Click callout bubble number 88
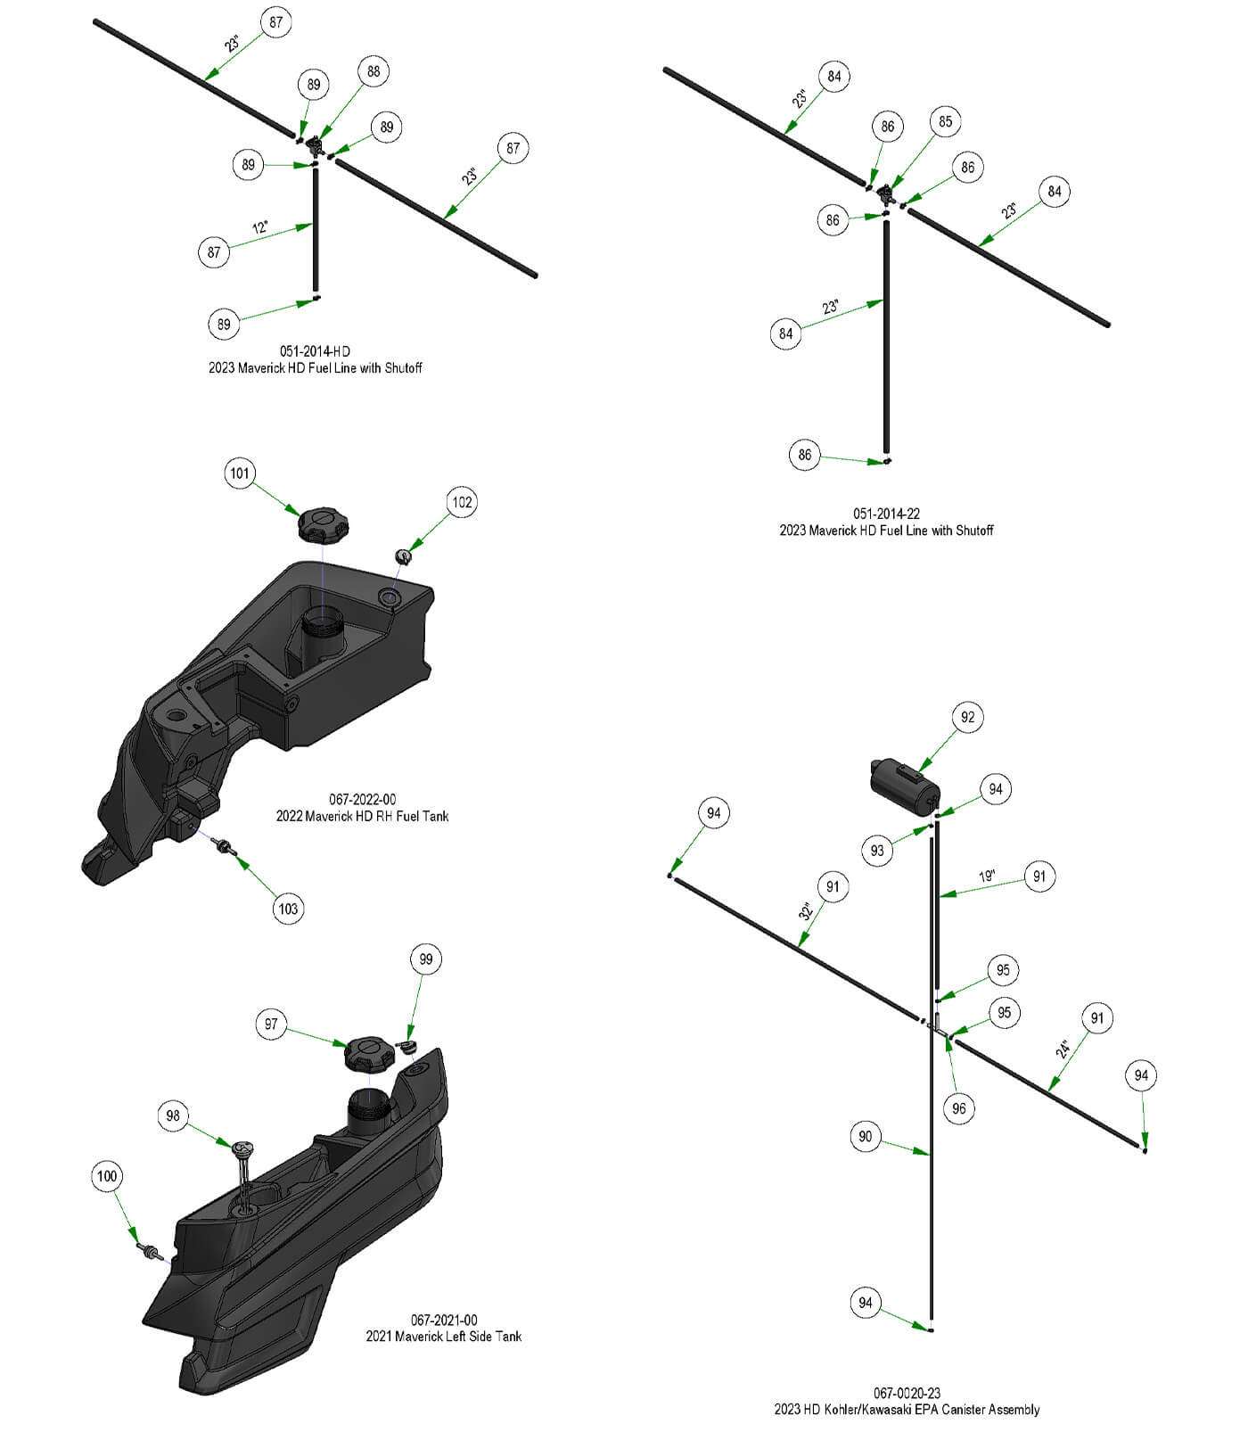(374, 71)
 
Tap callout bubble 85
(945, 121)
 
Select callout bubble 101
(240, 473)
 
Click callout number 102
(462, 502)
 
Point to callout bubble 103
(288, 909)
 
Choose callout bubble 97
(271, 1025)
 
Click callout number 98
(173, 1115)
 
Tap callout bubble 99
(425, 959)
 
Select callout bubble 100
(106, 1176)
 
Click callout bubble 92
(967, 717)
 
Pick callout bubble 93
(877, 850)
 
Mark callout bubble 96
(958, 1108)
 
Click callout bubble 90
(865, 1136)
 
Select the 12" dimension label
(260, 228)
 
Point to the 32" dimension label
(806, 911)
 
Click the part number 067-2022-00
(362, 800)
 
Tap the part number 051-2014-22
(886, 514)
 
